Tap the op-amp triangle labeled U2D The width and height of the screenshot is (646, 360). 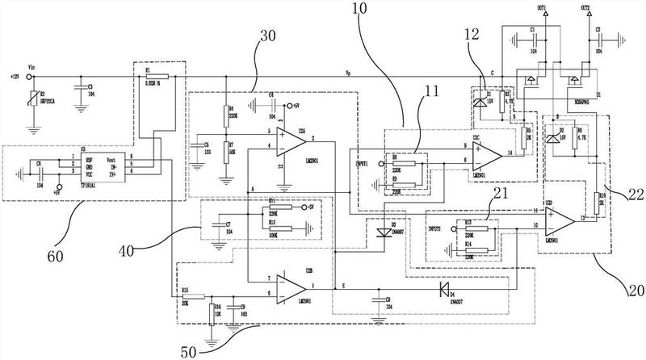pyautogui.click(x=558, y=218)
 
